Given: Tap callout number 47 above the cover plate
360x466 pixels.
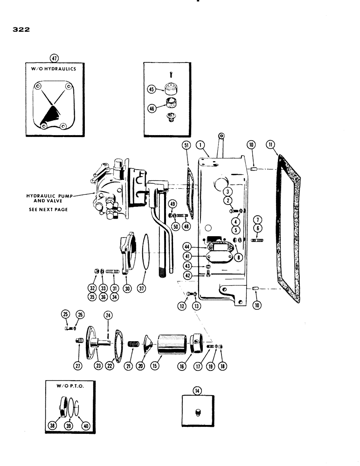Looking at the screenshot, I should (x=55, y=58).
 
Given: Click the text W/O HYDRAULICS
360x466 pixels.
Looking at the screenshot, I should (x=55, y=69).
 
